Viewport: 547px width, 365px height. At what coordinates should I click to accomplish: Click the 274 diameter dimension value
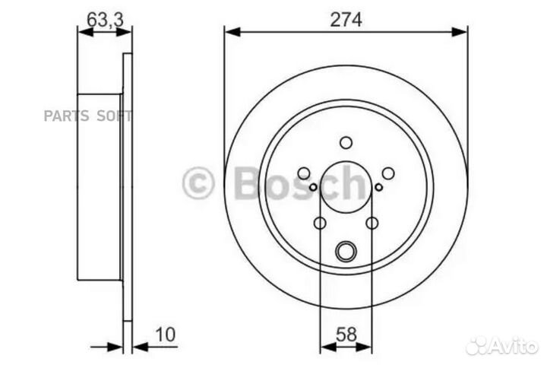point(346,20)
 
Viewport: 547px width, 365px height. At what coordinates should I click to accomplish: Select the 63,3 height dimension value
point(105,20)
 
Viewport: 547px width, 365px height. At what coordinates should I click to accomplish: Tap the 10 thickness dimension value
point(166,335)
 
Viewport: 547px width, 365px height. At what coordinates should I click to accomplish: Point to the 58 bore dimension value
point(346,335)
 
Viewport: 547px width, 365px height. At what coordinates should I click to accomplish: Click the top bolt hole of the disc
point(346,142)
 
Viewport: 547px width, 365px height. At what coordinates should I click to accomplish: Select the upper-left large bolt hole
point(304,173)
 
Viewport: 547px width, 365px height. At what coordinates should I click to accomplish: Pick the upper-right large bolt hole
point(388,173)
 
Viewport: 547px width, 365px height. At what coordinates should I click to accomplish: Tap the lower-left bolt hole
point(320,223)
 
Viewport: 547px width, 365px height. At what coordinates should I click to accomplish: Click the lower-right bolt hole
point(372,223)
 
